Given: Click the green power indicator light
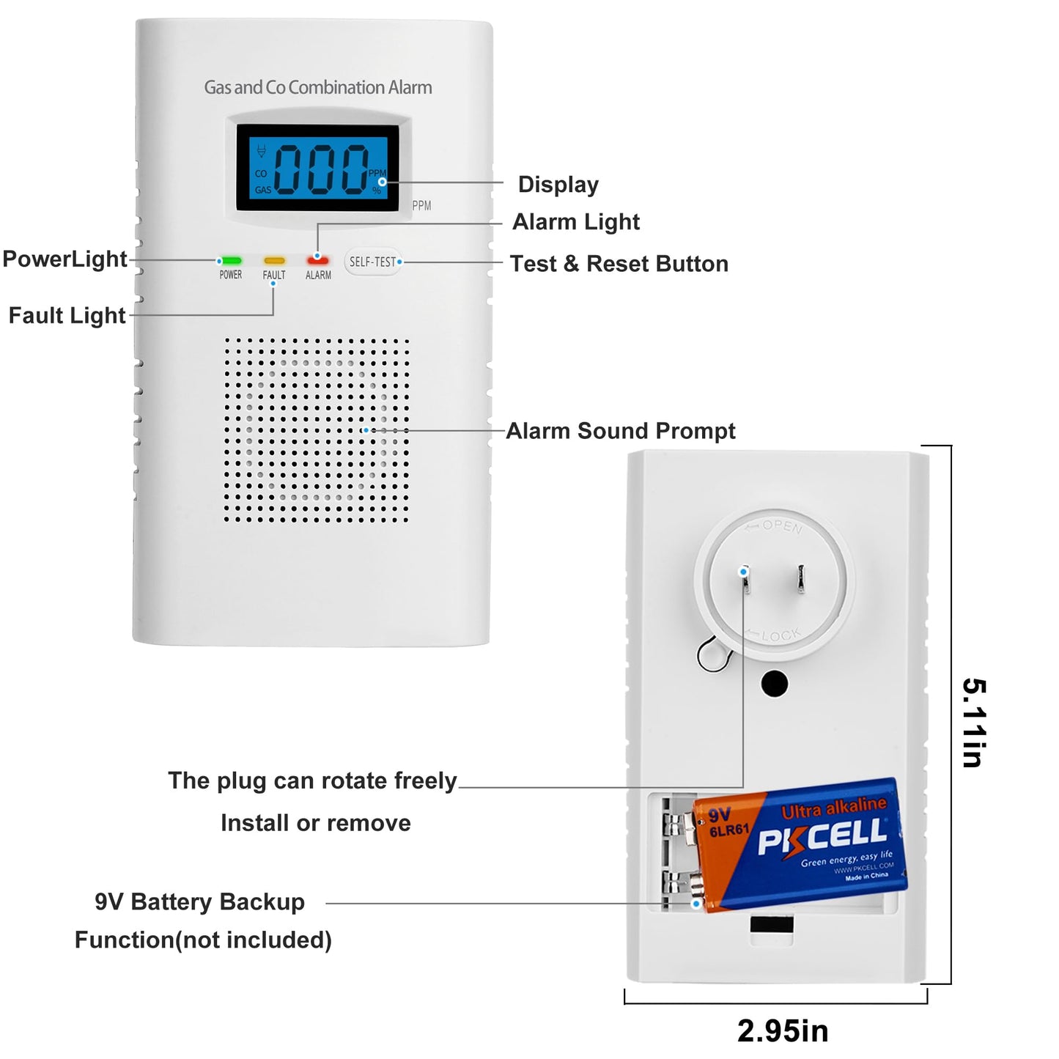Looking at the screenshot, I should (231, 260).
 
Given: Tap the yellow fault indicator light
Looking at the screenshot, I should (274, 260).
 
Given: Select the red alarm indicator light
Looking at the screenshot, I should (318, 261).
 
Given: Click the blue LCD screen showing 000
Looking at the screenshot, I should (317, 168).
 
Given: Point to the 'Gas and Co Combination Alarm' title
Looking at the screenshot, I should (317, 87).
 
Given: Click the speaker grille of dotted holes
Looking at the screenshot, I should (317, 430).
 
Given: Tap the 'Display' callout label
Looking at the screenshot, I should (558, 185).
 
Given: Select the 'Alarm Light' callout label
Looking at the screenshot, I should (575, 222).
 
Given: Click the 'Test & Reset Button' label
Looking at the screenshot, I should (619, 264).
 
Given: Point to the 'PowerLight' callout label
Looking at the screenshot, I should (64, 259).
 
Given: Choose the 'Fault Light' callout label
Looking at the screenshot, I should (67, 315).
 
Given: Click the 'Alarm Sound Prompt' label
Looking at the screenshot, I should (620, 431).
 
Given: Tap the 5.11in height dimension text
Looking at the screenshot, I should (974, 723).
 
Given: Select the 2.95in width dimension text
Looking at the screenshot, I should (782, 1031).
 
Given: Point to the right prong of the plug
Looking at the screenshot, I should (801, 578).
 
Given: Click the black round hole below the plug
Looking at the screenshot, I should (775, 684).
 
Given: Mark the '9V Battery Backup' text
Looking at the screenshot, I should (199, 901).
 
